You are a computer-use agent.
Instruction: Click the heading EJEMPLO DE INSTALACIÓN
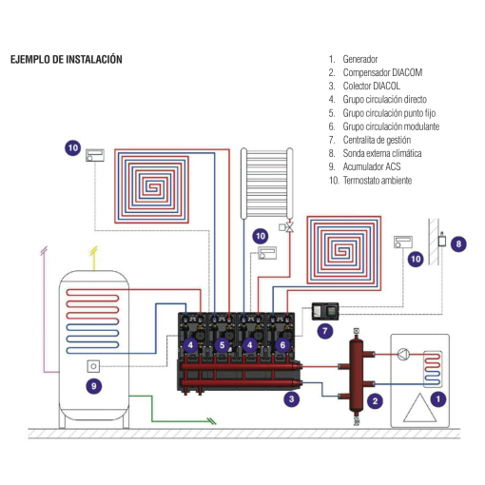(67, 59)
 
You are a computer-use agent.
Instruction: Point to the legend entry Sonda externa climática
(382, 153)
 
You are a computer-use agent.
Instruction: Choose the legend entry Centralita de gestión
(378, 140)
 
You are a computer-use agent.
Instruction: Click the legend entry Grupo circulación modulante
(391, 126)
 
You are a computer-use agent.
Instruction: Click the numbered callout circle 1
(437, 399)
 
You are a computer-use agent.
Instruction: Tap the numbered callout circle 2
(375, 400)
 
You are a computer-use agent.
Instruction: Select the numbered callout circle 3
(292, 399)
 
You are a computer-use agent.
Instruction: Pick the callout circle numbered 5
(222, 344)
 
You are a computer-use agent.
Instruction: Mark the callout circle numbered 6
(282, 344)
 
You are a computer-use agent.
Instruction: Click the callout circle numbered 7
(324, 332)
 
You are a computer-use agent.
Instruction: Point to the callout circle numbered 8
(459, 244)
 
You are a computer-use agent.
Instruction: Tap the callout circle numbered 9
(93, 385)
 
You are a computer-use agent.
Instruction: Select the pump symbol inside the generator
(410, 358)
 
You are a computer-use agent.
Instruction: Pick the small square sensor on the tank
(93, 364)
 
